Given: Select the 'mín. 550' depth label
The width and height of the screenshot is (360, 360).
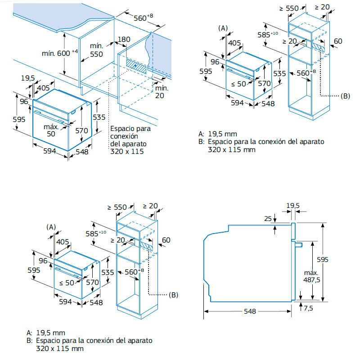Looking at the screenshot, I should pyautogui.click(x=97, y=50).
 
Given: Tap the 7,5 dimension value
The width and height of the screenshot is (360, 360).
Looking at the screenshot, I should pyautogui.click(x=308, y=308).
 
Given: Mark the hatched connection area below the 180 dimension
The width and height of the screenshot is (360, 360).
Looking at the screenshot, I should pyautogui.click(x=136, y=66).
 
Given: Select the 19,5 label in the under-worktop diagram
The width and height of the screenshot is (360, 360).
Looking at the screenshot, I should pyautogui.click(x=28, y=78).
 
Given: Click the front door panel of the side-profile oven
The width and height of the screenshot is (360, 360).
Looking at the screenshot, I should pyautogui.click(x=293, y=261).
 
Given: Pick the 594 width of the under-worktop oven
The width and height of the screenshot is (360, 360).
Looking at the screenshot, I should pyautogui.click(x=49, y=151).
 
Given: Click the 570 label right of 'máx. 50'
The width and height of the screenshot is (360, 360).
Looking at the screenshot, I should pyautogui.click(x=81, y=130).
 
